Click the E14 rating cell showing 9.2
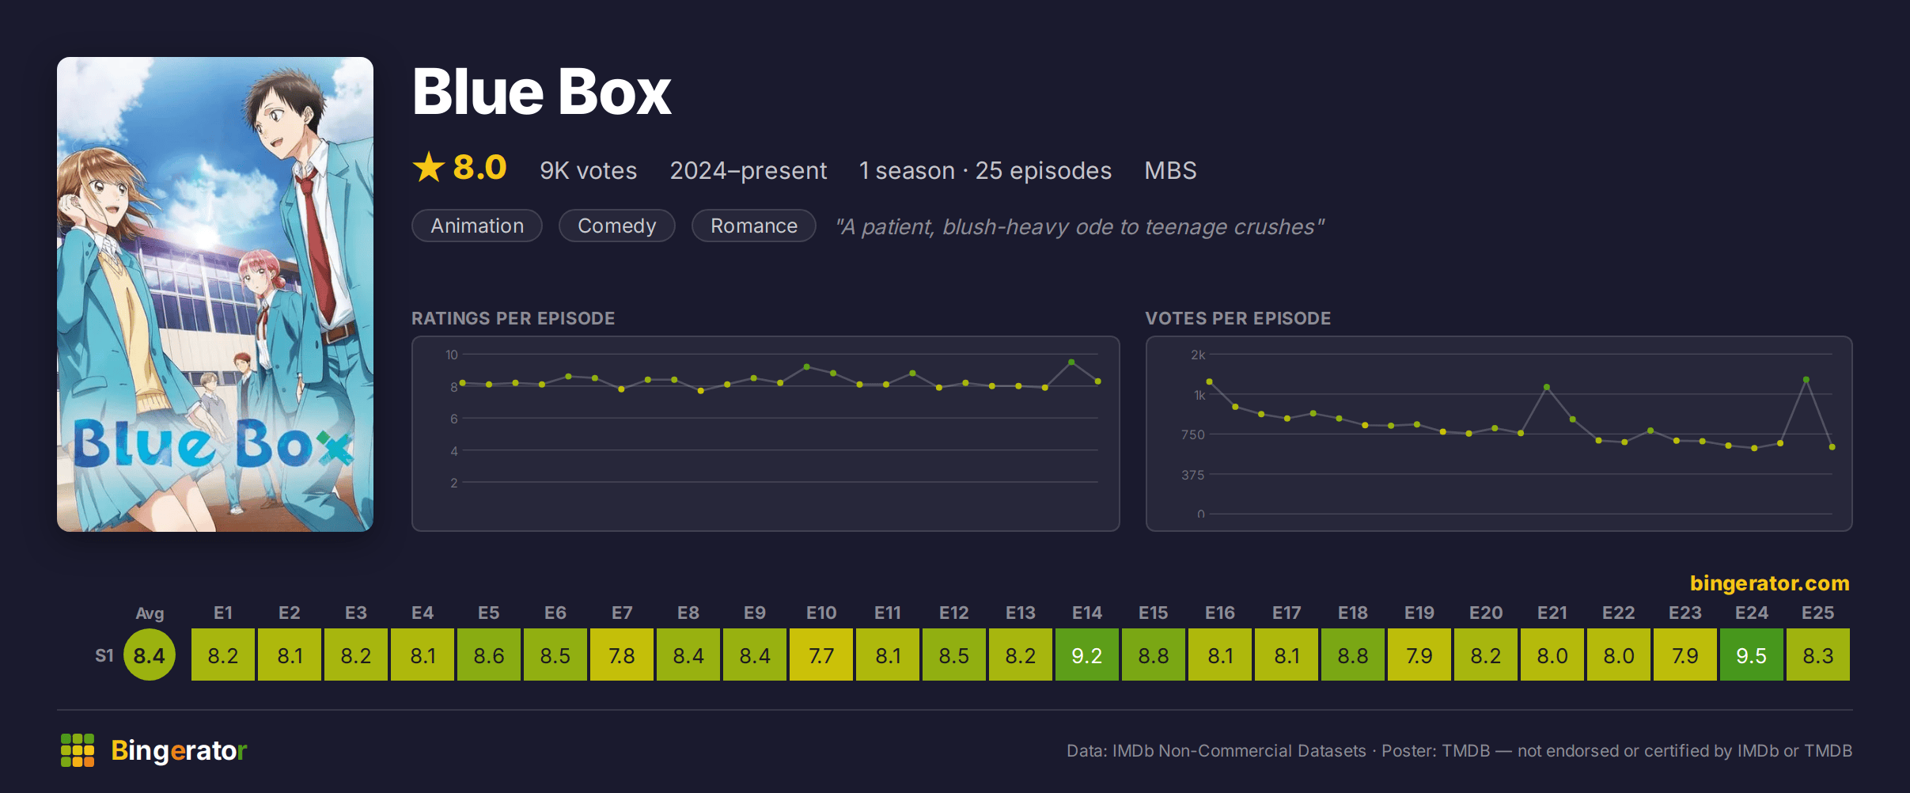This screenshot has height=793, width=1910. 1087,655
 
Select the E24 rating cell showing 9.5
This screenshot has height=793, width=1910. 1752,655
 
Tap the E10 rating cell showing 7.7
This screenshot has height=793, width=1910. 821,655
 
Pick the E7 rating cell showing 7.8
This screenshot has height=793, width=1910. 622,655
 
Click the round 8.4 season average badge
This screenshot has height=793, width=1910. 150,655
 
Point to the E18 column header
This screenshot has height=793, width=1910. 1353,613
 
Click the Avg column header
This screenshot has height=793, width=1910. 150,613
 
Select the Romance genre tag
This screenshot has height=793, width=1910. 754,226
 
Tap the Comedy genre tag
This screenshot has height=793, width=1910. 617,226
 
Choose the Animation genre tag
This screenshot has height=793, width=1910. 477,226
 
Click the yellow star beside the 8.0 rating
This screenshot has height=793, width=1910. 429,167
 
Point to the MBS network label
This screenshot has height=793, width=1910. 1170,170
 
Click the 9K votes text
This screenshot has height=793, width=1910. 588,170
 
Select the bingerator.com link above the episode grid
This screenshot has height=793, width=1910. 1769,582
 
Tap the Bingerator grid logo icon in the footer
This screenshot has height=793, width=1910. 78,750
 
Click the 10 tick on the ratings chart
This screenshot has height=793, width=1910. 452,355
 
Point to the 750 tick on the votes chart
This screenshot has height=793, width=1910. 1192,434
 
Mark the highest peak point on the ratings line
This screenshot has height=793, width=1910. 1071,362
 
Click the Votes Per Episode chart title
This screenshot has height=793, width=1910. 1238,318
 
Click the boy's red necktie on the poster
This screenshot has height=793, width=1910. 318,245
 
